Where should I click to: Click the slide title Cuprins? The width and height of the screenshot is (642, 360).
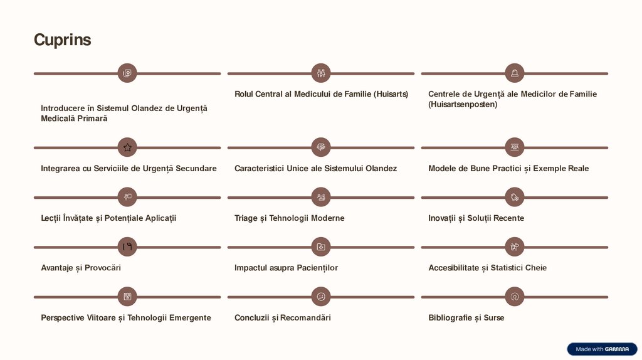coord(62,40)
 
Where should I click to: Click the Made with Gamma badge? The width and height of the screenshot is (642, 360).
coord(602,349)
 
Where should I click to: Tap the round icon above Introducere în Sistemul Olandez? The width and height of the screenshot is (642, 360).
coord(127,73)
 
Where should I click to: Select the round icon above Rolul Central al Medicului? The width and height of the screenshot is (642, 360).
coord(321,73)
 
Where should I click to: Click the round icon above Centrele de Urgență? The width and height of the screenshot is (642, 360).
coord(515,73)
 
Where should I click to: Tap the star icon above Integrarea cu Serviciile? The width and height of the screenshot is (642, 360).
coord(127,147)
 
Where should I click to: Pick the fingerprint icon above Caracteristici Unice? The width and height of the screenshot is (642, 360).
coord(321,147)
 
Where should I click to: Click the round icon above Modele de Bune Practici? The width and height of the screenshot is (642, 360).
coord(515,147)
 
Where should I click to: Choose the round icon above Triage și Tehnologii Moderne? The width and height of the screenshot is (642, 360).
coord(321,197)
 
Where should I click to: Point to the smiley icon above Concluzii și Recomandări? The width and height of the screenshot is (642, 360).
coord(321,297)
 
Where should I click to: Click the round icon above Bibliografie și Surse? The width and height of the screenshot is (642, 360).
coord(515,297)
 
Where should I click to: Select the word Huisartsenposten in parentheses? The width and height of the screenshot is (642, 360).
coord(463,105)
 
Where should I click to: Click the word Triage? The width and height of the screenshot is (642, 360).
coord(246,218)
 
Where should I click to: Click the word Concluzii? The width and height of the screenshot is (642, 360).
coord(252,318)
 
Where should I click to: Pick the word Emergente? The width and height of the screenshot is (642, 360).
coord(190,318)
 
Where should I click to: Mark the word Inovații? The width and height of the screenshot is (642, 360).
coord(442,218)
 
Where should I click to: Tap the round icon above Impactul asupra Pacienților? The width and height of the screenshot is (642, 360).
coord(321,247)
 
